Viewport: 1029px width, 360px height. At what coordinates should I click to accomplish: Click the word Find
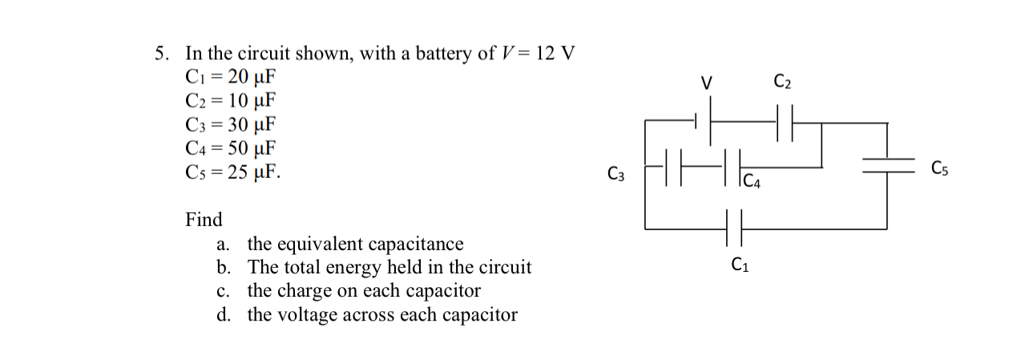(x=204, y=220)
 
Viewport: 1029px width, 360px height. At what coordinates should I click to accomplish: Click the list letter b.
(x=223, y=268)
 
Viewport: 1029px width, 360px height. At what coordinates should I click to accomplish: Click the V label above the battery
(x=706, y=83)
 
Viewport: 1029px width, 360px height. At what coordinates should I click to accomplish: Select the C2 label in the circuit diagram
(x=783, y=81)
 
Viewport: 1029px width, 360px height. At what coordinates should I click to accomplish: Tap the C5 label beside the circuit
(x=941, y=168)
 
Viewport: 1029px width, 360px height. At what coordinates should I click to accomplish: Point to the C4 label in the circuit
(x=752, y=181)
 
